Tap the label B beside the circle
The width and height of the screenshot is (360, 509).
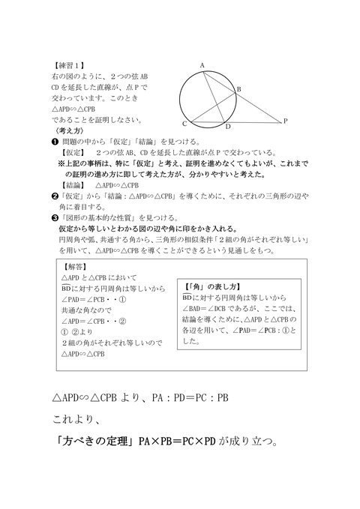238,89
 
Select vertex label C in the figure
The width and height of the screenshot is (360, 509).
184,123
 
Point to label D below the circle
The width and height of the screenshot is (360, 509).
228,127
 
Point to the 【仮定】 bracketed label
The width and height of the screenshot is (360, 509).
75,152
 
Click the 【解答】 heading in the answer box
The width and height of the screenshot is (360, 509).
75,266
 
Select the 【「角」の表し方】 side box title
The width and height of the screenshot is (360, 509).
211,286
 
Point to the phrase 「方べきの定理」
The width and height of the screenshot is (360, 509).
94,441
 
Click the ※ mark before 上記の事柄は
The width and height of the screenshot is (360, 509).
61,163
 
